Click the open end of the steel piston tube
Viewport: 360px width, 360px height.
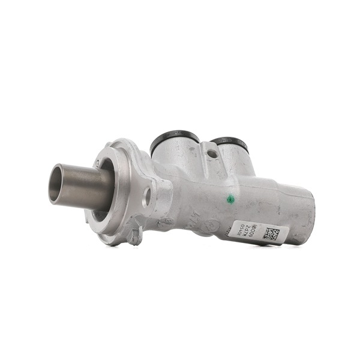(56, 184)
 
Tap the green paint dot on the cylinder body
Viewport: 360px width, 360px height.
(229, 200)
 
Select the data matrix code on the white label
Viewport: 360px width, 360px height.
(270, 233)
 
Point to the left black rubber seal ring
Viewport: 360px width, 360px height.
(174, 137)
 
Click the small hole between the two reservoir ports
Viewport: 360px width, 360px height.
(211, 154)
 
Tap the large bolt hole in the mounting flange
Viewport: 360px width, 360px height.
(146, 197)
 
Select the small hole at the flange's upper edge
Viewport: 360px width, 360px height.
(97, 161)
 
